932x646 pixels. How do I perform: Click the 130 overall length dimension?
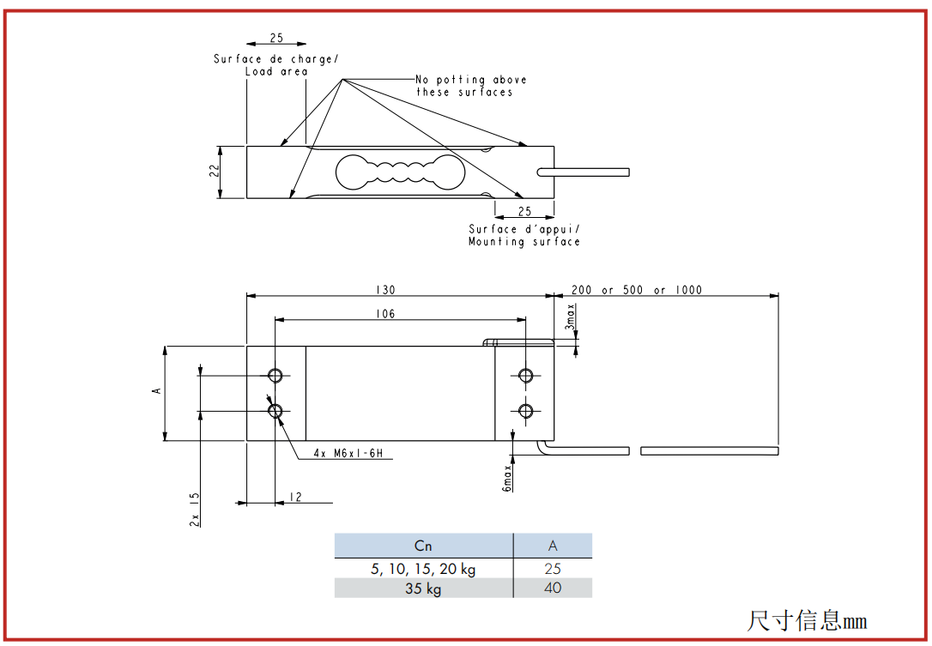tap(385, 289)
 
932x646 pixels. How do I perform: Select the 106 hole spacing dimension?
tap(385, 314)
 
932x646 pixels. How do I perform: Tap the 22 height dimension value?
tap(214, 171)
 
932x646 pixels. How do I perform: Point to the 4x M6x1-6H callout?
tap(348, 454)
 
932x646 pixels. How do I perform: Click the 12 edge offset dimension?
tap(295, 497)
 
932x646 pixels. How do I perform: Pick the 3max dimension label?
tap(570, 317)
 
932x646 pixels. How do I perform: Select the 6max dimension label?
tap(507, 479)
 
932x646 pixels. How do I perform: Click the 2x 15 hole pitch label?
tap(194, 510)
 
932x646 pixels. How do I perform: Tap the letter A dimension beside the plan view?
tap(157, 390)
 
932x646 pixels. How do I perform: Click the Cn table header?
tap(423, 546)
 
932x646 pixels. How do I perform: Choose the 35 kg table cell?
tap(423, 589)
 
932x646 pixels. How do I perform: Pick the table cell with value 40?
tap(553, 588)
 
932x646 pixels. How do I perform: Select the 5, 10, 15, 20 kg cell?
tap(423, 569)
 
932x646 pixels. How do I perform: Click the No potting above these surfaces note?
tap(470, 86)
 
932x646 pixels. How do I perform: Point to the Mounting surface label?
tap(523, 242)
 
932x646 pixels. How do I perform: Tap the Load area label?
tap(276, 71)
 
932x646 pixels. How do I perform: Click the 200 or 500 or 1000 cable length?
tap(637, 289)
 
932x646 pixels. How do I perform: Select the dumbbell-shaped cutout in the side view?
tap(400, 172)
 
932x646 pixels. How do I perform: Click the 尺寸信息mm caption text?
tap(807, 620)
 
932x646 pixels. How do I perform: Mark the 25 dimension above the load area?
tap(276, 38)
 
